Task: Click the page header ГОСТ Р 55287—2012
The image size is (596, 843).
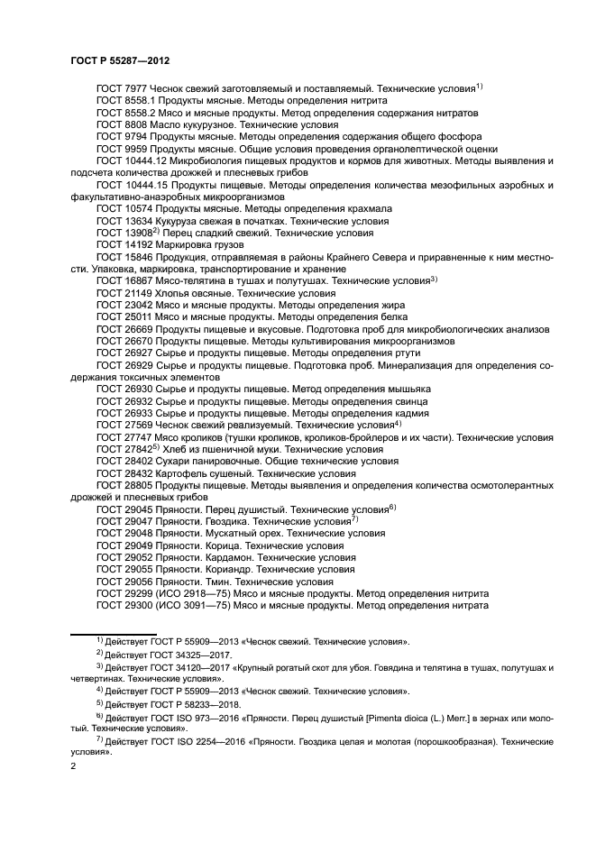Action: click(120, 60)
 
